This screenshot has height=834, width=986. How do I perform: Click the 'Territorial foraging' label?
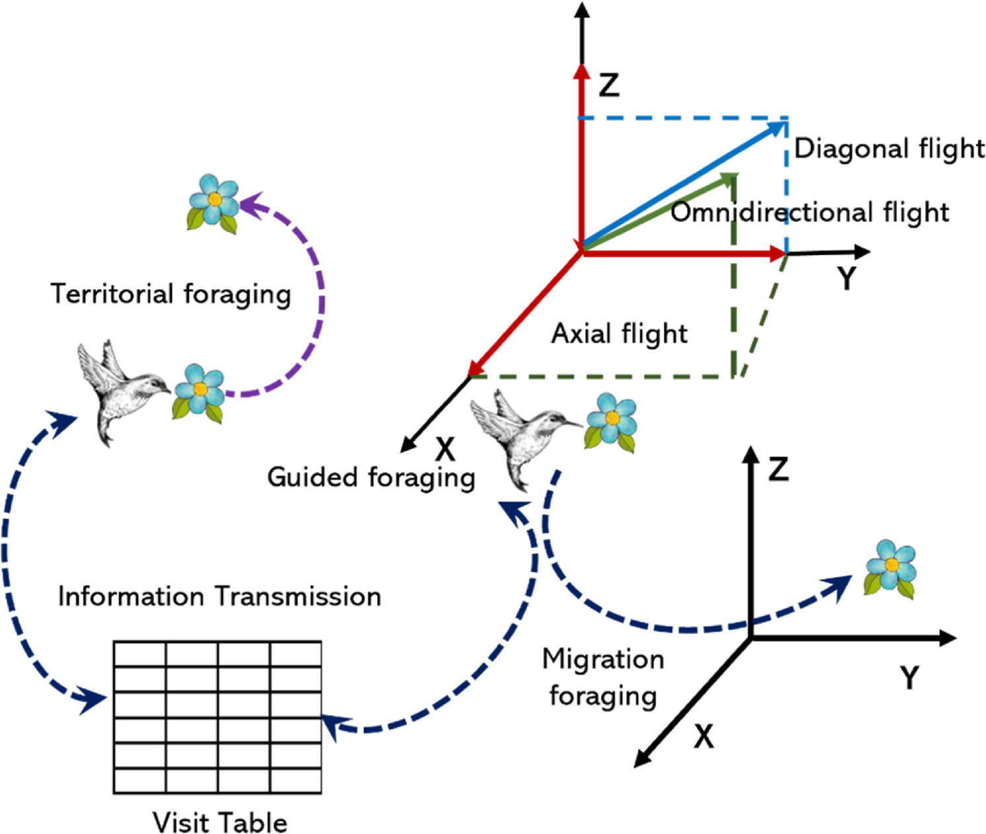coord(170,294)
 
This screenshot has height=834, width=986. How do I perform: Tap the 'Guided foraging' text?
coord(370,477)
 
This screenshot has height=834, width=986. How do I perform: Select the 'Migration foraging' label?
coord(603,677)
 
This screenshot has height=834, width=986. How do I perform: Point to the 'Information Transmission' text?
coord(219,596)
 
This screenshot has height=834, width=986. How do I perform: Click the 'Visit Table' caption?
coord(220,822)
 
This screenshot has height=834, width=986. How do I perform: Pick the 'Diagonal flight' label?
coord(889,149)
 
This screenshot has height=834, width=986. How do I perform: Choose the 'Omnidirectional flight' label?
coord(810,213)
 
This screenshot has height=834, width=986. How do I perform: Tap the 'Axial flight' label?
coord(619,333)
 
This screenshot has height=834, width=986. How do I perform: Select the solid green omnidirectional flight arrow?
coord(660,211)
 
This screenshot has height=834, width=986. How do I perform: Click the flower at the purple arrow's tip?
coord(213,201)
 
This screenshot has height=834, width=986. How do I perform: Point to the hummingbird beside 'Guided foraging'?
coord(522,436)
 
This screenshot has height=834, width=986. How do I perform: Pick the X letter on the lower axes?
coord(704,736)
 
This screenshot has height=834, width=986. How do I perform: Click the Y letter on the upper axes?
coord(846,278)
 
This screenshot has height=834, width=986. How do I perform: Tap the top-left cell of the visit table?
coord(139,654)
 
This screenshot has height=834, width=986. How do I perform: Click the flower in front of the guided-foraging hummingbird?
coord(611,421)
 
